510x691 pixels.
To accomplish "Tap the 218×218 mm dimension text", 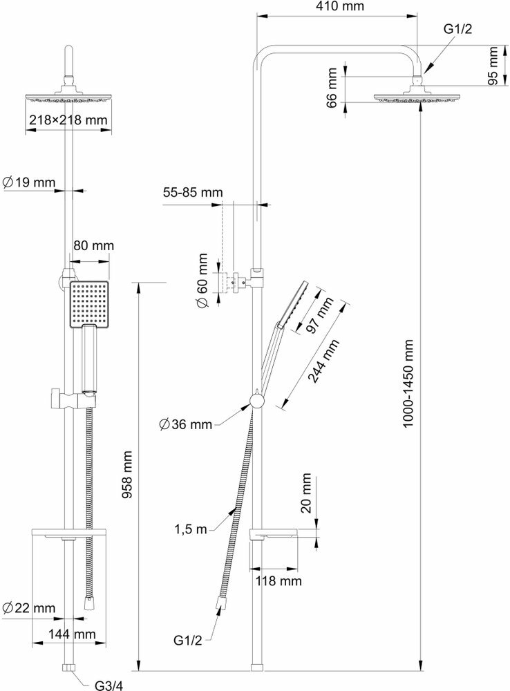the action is click(68, 120).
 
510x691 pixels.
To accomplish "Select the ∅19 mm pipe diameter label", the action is click(29, 183).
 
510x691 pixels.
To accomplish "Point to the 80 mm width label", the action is click(93, 245).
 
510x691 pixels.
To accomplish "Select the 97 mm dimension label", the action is click(320, 315).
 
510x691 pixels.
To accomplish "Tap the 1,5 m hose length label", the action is click(191, 530).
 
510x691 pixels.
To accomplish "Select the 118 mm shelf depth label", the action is click(279, 580).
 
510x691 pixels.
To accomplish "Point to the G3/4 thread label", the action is click(108, 685).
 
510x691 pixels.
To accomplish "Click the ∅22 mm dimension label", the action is click(29, 608).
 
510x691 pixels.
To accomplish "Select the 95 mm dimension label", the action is click(493, 66).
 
